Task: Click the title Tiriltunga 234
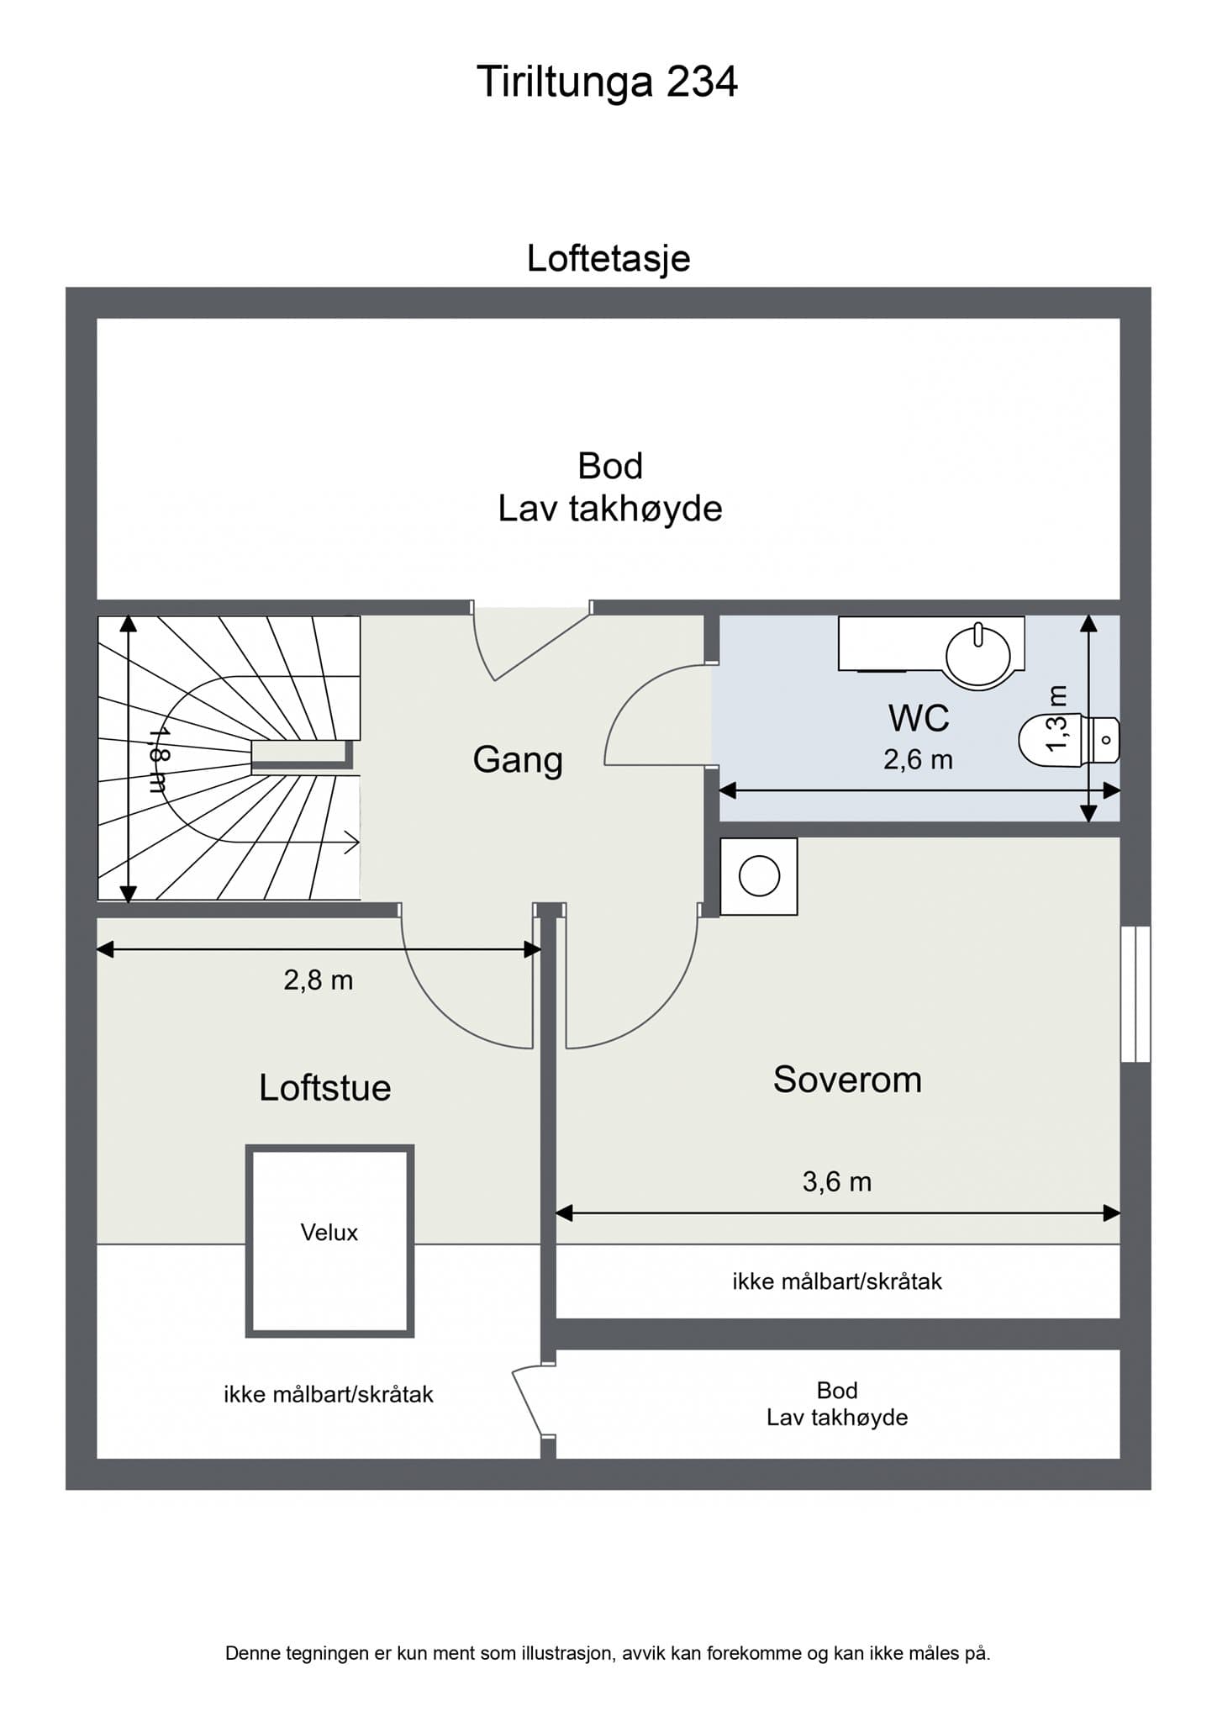tap(607, 82)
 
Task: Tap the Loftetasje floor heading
tap(608, 258)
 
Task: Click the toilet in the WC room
tap(1067, 741)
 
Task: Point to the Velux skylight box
tap(329, 1240)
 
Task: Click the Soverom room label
tap(847, 1080)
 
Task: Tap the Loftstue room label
tap(324, 1088)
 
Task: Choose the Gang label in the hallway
tap(518, 759)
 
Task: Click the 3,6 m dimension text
tap(837, 1181)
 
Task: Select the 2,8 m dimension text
tap(318, 980)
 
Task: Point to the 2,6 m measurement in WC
tap(918, 760)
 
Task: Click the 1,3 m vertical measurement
tap(1056, 719)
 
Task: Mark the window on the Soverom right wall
tap(1135, 994)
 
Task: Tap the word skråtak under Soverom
tap(901, 1281)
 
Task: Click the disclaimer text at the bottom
tap(608, 1653)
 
